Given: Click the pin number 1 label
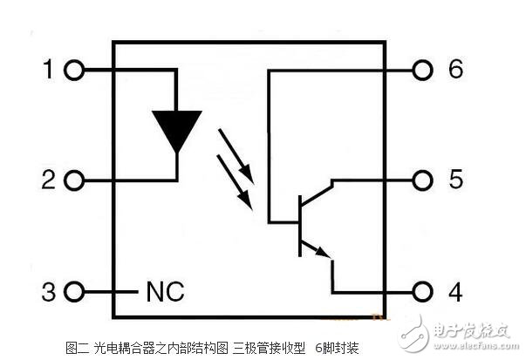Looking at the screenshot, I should point(47,70).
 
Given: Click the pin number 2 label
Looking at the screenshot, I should point(47,180).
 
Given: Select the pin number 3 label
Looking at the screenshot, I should point(47,290).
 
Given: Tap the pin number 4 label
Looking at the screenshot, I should point(455,290).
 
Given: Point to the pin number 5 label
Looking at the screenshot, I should point(455,180).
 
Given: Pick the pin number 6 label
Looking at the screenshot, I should point(455,70).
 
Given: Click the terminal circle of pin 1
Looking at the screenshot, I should point(74,71).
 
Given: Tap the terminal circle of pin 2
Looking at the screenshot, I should point(74,181).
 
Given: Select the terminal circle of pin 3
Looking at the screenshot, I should point(74,291).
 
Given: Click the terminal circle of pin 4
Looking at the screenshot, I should point(424,291).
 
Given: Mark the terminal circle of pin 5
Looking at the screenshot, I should point(424,181).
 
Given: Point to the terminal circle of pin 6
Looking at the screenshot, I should point(424,71).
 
